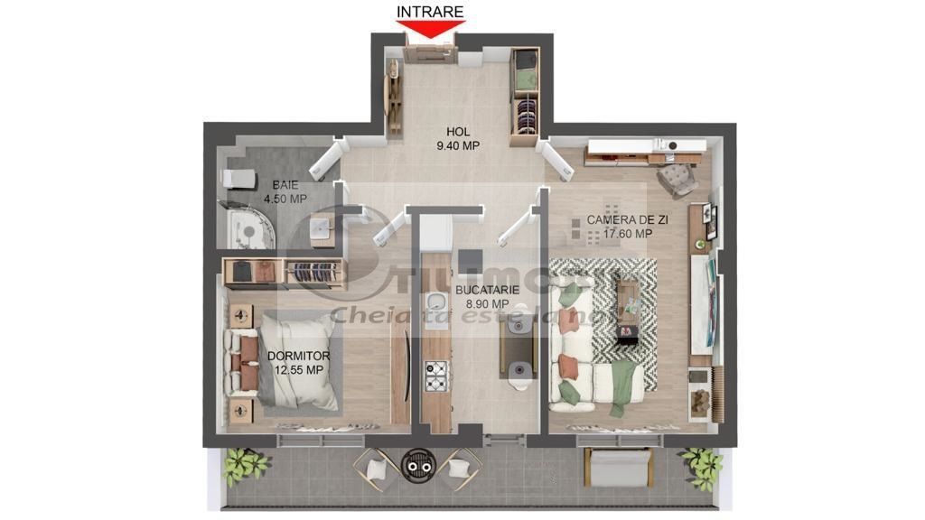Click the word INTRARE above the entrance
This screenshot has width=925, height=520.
pos(430,12)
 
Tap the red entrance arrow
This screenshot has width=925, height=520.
pos(430,29)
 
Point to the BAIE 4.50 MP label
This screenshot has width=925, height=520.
pos(285,192)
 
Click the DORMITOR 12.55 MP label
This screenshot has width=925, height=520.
pos(297,363)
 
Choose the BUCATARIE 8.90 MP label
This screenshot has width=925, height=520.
pos(487,297)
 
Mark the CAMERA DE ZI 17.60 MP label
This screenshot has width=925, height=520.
pos(619,227)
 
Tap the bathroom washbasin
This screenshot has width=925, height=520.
pos(320,229)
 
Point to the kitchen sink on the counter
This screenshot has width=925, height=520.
pos(436,302)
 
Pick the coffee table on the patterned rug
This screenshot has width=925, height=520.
pos(627,307)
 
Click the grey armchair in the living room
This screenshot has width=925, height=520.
pos(677,180)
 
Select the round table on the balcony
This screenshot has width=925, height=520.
pos(416,463)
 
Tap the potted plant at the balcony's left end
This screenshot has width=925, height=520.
pos(245,465)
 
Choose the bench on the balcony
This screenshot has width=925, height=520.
pos(619,467)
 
